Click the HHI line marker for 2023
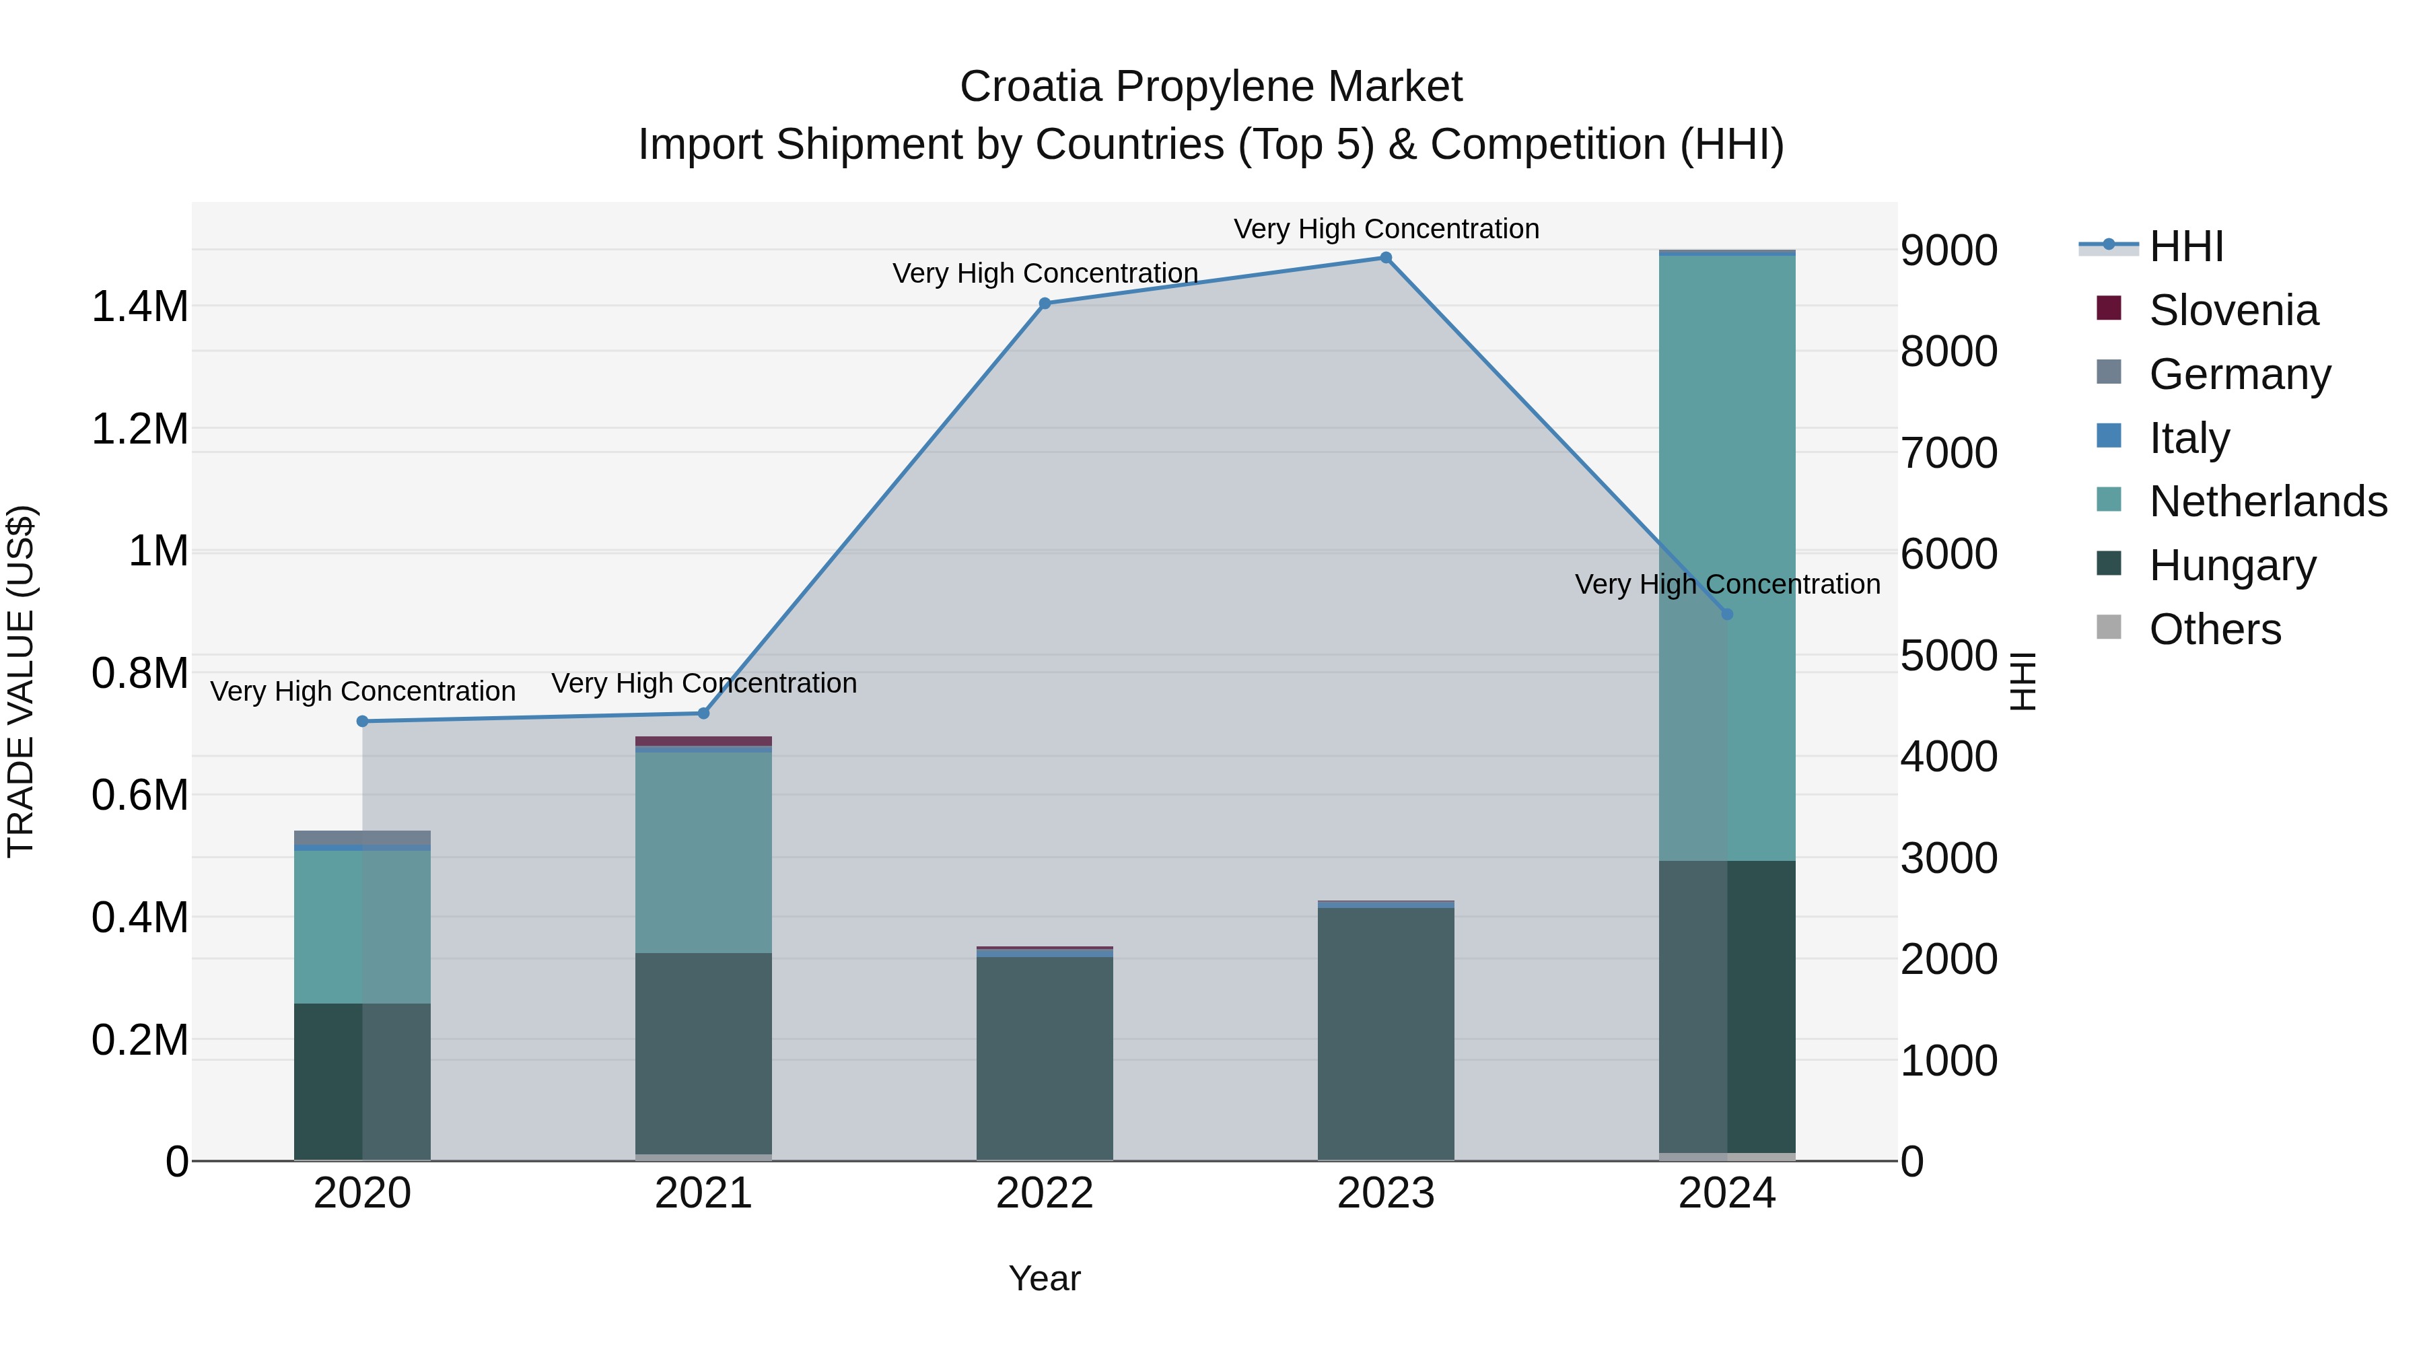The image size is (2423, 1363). (x=1386, y=258)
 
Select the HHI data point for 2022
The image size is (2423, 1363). (x=1044, y=303)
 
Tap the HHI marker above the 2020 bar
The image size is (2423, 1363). (x=362, y=722)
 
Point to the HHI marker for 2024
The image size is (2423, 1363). (x=1727, y=615)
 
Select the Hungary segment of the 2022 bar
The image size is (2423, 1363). (x=1044, y=1058)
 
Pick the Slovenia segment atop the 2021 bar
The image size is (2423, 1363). (x=703, y=741)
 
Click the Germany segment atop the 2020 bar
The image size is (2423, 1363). (x=362, y=837)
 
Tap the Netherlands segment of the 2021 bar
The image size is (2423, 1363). (x=703, y=851)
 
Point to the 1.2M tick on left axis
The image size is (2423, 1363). (x=139, y=429)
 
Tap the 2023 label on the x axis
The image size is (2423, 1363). (x=1386, y=1193)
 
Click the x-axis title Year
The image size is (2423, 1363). (x=1044, y=1278)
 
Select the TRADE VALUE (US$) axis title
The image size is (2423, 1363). (x=21, y=681)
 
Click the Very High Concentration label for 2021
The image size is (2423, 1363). (x=703, y=683)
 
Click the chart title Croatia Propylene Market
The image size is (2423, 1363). (x=1211, y=87)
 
